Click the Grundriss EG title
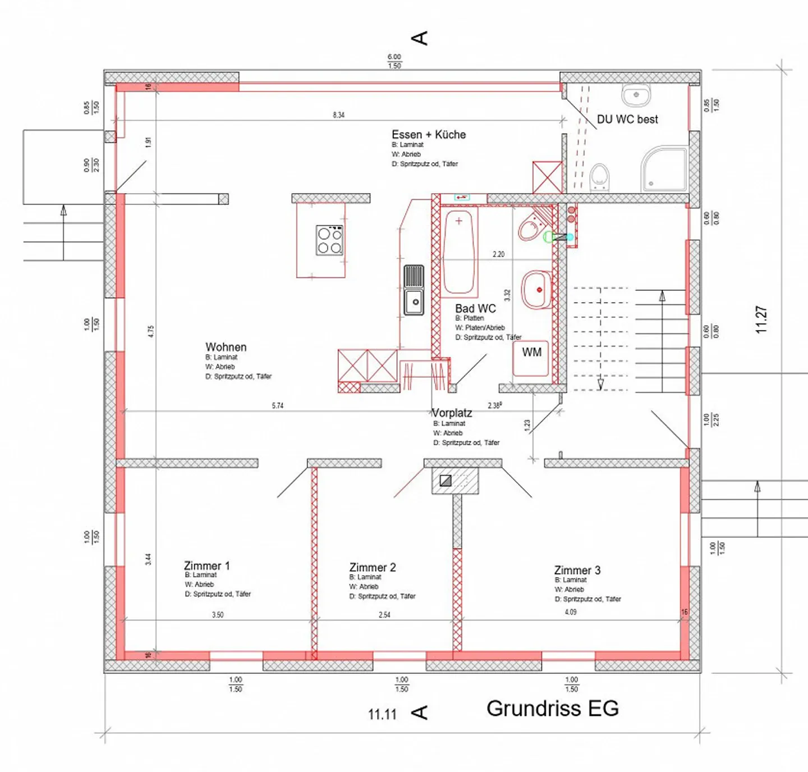point(552,709)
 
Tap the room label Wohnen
point(226,347)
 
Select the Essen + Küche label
point(429,135)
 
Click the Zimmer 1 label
point(206,565)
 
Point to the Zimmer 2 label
point(373,567)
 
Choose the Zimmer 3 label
point(577,570)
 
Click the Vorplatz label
point(452,413)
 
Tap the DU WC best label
point(627,119)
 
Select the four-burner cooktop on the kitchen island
point(329,241)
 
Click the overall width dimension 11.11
point(382,714)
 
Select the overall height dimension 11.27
point(761,319)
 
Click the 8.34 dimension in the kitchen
point(338,115)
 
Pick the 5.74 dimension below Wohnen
point(278,405)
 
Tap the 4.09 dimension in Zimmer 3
point(571,612)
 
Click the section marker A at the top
point(419,38)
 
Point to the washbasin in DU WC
point(636,95)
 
